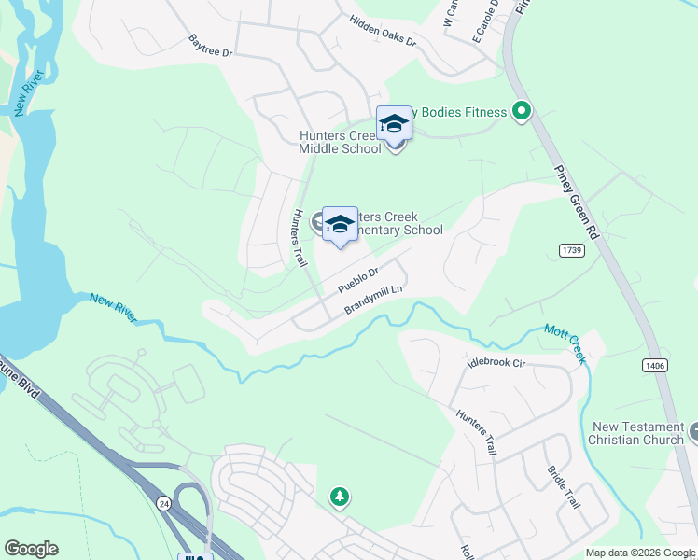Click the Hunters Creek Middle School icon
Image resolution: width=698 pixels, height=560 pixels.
(394, 124)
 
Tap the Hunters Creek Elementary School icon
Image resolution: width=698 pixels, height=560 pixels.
(340, 224)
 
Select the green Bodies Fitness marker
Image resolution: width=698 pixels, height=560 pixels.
(522, 113)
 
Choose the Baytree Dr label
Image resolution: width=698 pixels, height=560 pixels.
(210, 46)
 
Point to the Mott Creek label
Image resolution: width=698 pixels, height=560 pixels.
(565, 342)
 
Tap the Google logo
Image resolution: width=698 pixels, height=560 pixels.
(31, 549)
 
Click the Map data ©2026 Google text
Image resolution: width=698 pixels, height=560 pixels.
(640, 553)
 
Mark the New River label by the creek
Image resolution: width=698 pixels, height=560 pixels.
(113, 307)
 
